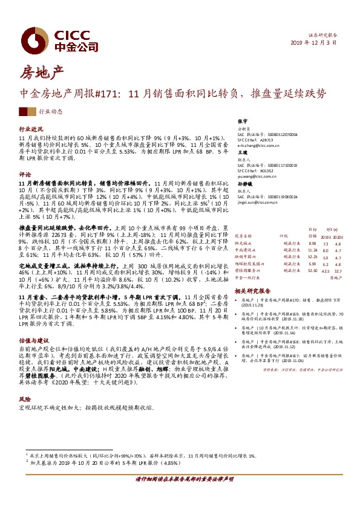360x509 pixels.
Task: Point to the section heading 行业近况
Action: click(x=31, y=129)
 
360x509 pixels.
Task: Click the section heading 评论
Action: click(x=25, y=173)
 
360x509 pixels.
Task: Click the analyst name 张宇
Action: click(x=243, y=122)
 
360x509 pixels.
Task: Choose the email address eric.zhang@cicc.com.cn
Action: click(x=261, y=146)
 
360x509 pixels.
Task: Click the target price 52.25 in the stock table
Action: click(x=312, y=256)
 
